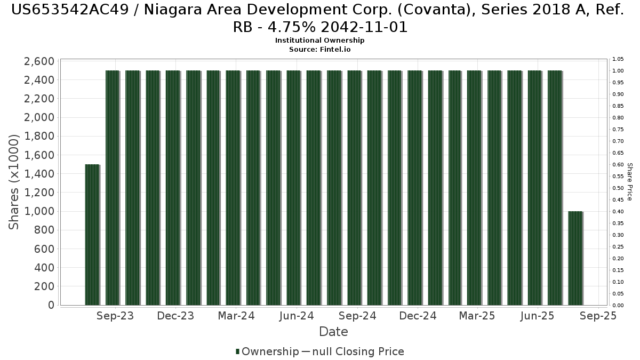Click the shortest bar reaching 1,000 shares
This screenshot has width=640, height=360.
tap(575, 258)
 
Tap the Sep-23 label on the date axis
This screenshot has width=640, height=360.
tap(115, 316)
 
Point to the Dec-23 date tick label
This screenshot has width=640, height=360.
tap(176, 316)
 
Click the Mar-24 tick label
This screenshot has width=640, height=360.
tap(236, 316)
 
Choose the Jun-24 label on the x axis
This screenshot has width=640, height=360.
tap(297, 316)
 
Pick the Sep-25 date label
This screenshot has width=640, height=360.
tap(598, 316)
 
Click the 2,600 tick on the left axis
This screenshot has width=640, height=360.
tap(39, 61)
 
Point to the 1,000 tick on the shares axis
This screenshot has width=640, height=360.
tap(39, 212)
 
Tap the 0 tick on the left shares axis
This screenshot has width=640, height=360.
tap(51, 305)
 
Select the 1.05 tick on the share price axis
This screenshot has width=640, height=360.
tap(618, 59)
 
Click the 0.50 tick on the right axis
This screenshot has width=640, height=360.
tap(618, 188)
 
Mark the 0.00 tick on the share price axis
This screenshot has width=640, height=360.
tap(618, 306)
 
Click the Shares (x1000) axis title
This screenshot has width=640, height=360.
tap(14, 182)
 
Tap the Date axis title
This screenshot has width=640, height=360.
tap(333, 332)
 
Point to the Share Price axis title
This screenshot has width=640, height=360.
tap(629, 182)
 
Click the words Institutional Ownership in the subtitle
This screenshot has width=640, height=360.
tap(319, 41)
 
